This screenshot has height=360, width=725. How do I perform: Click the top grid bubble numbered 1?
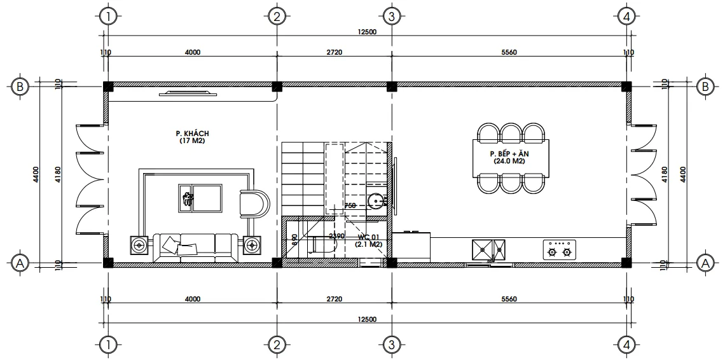(x=109, y=16)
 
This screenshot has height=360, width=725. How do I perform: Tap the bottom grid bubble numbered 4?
(x=627, y=345)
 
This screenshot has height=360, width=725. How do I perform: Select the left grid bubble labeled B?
(x=20, y=87)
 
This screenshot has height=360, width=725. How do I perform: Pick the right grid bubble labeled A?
(x=704, y=262)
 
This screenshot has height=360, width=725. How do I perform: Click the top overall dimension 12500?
(x=367, y=32)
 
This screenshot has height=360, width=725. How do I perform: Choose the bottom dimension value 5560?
(x=509, y=299)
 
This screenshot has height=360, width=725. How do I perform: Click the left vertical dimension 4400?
(x=36, y=174)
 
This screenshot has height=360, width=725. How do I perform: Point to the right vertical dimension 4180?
(x=665, y=174)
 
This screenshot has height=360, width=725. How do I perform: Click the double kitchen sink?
(x=488, y=250)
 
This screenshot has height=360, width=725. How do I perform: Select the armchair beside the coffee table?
(x=256, y=204)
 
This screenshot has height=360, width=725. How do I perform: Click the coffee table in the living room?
(x=200, y=198)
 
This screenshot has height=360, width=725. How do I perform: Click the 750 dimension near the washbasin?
(x=350, y=205)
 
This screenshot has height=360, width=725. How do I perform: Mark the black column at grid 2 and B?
(x=277, y=86)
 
